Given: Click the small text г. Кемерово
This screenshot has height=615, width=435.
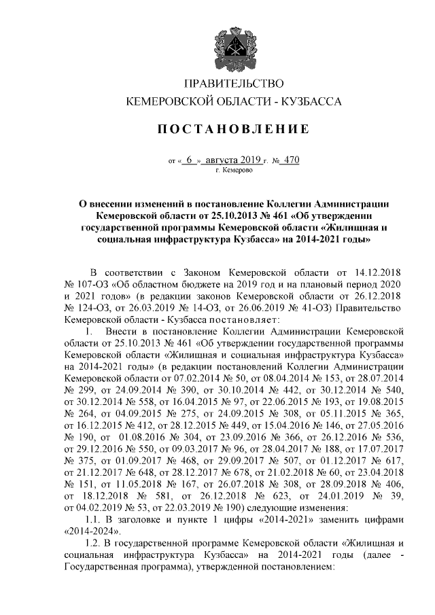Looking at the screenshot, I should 233,171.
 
